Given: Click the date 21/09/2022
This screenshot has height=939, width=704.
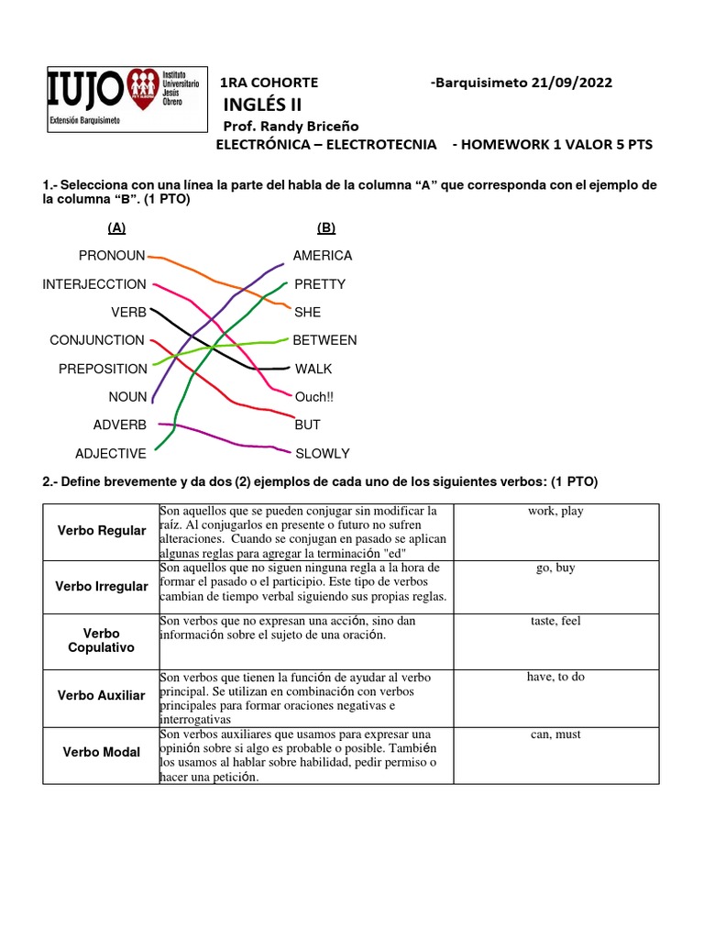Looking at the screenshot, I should (x=567, y=83).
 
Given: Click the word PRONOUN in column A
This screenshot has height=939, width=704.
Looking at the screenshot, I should (x=112, y=256).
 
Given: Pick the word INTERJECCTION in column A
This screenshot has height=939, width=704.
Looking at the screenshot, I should (x=94, y=284).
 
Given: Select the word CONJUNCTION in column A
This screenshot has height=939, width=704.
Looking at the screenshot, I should (x=97, y=340).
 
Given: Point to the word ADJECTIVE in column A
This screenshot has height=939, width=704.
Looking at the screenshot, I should (x=110, y=453).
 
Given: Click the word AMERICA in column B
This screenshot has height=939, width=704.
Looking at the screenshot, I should (x=323, y=256).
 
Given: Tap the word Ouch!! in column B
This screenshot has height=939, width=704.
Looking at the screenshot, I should (x=314, y=397).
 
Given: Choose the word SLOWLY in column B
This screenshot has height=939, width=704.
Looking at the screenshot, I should (x=322, y=453).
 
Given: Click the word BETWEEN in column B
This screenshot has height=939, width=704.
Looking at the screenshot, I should (x=324, y=340).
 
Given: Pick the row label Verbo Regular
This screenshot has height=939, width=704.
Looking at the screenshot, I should (x=101, y=531).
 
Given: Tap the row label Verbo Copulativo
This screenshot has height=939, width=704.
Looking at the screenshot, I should (x=101, y=640).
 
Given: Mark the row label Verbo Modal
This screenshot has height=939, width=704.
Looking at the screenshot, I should (x=101, y=752).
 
